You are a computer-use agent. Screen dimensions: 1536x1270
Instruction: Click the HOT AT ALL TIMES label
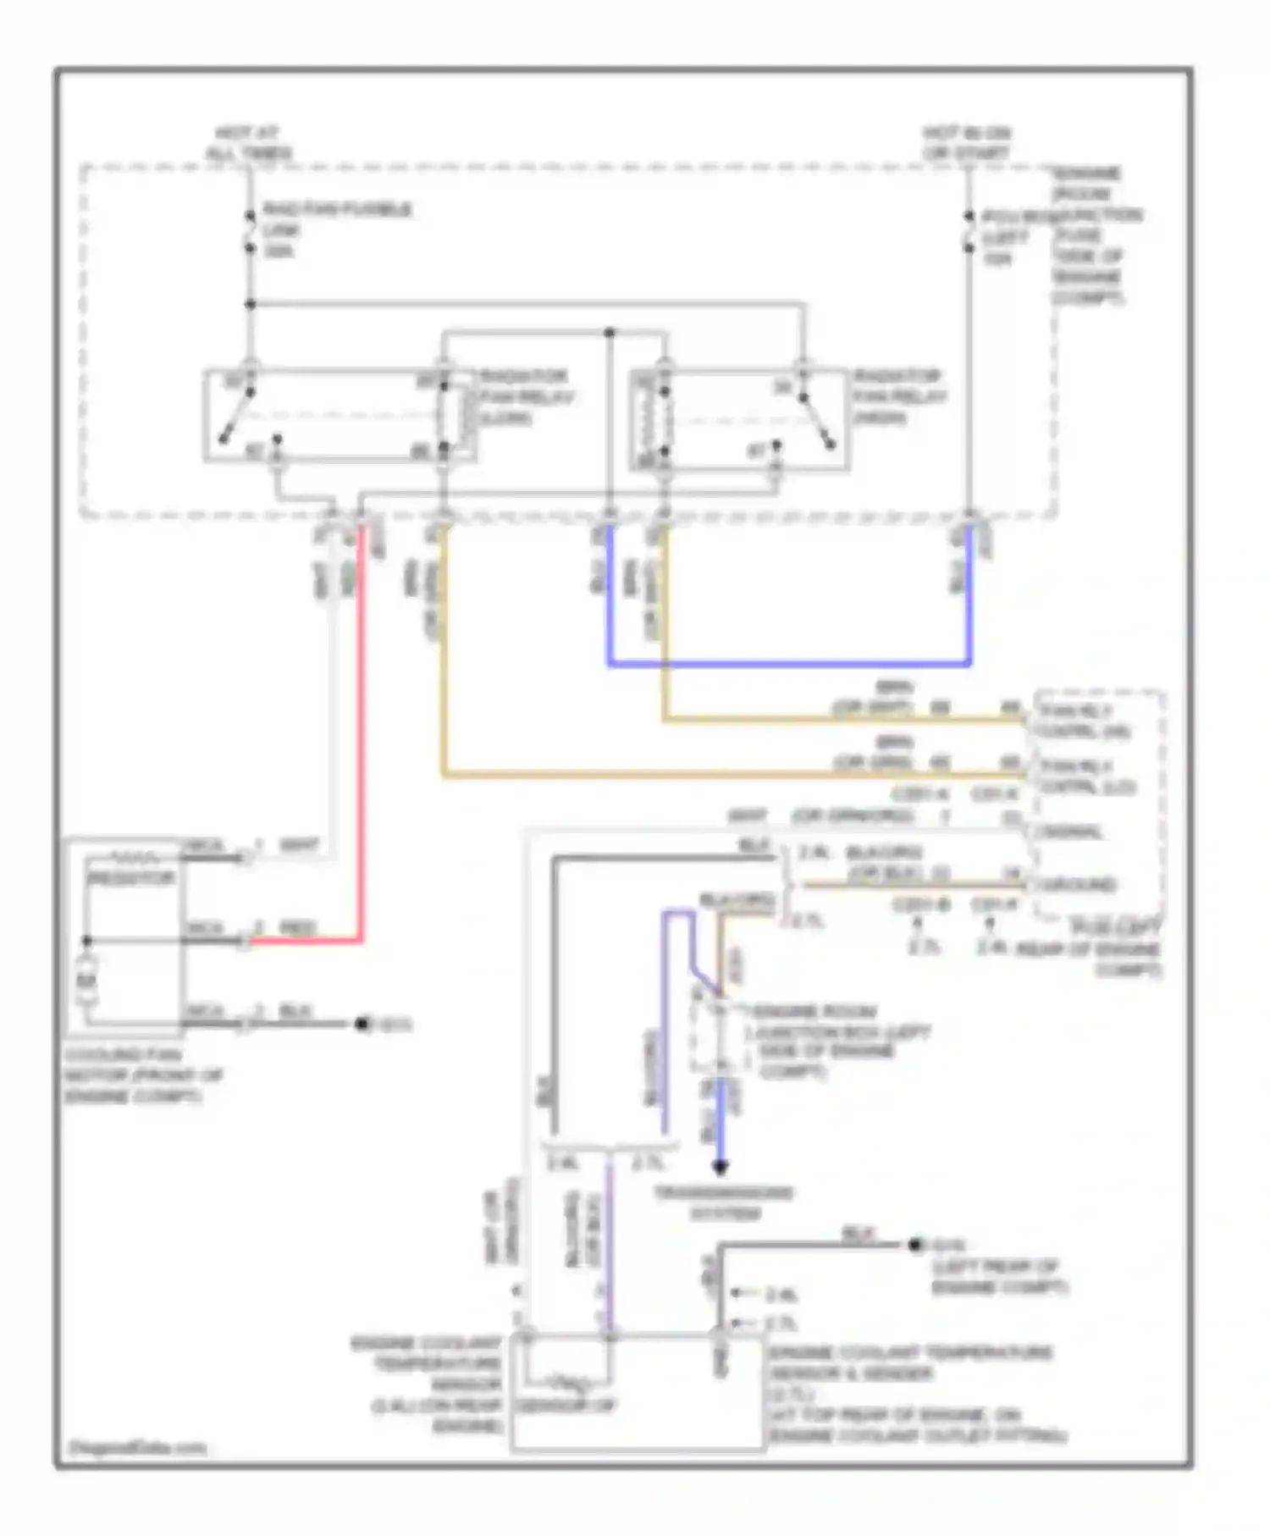tap(248, 143)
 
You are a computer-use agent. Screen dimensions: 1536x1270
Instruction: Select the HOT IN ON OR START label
tap(967, 143)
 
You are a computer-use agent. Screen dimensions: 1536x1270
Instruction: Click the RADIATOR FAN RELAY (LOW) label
tap(524, 396)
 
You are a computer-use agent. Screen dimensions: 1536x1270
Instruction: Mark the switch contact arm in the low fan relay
tap(238, 417)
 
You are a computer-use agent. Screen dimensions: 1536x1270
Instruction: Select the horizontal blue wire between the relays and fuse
tap(787, 664)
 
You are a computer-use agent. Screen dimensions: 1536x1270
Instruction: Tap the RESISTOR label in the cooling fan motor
tap(131, 879)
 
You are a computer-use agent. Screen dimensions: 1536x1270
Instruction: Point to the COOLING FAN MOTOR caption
tap(142, 1075)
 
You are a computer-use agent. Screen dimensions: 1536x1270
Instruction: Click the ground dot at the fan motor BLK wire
tap(362, 1025)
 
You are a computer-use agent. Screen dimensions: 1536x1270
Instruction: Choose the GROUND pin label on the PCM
tap(1078, 885)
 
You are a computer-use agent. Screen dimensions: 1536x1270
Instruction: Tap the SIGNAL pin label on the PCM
tap(1072, 832)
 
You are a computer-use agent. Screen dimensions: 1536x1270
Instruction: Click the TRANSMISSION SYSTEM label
tap(724, 1202)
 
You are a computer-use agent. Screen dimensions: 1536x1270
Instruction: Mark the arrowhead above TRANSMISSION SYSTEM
tap(720, 1167)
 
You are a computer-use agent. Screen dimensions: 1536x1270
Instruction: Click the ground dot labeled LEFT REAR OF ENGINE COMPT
tap(914, 1245)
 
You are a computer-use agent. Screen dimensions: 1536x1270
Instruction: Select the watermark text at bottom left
tap(137, 1448)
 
